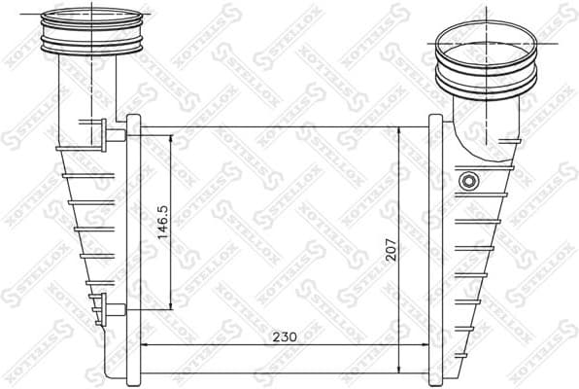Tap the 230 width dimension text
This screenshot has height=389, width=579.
[x=283, y=336]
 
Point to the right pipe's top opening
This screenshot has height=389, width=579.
[x=484, y=39]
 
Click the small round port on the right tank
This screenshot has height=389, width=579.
[x=469, y=181]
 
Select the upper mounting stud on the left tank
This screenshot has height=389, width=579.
[x=114, y=133]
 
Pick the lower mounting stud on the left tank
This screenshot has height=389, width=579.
[x=114, y=311]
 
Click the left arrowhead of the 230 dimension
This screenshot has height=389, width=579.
[x=146, y=345]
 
